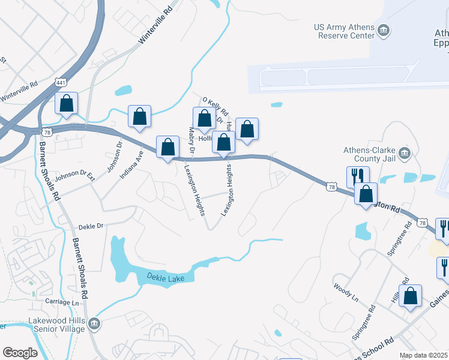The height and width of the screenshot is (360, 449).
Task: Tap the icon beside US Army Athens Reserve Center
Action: coord(383,29)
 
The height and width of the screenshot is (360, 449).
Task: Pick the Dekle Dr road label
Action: coord(91,226)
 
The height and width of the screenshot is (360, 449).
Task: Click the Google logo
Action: coord(20,353)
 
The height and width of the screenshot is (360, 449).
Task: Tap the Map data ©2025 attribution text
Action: coord(423,355)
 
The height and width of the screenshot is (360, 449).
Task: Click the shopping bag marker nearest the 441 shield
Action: coord(67,103)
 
